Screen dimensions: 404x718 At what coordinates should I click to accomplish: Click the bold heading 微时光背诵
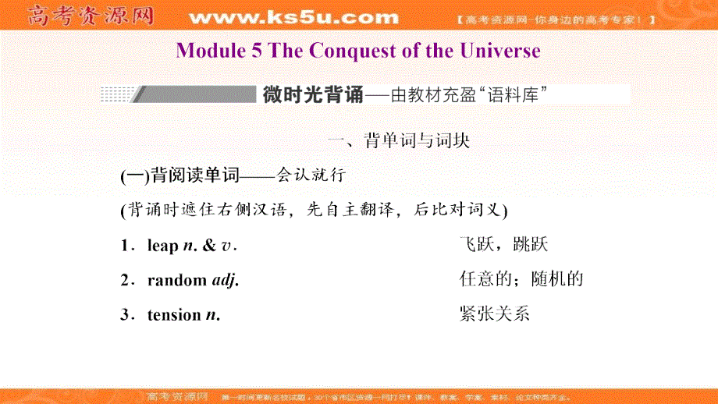312,95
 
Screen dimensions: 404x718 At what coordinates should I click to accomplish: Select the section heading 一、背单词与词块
398,141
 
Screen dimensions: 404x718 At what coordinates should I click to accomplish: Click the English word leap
162,246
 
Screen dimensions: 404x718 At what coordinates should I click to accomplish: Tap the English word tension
174,315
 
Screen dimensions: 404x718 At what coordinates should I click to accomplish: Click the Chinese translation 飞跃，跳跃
504,245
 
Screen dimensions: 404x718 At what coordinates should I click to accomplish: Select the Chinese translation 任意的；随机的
522,279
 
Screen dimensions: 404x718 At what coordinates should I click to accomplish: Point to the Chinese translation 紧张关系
496,314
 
